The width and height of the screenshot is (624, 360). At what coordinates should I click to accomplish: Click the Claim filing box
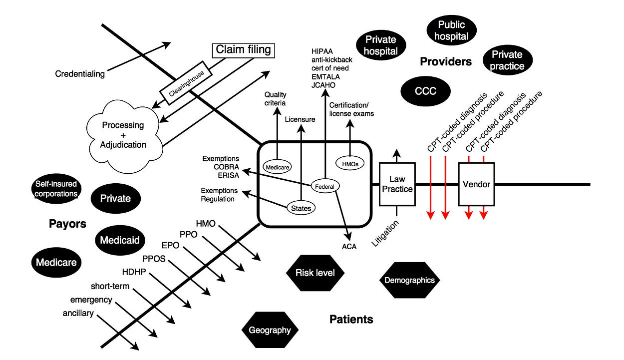pyautogui.click(x=244, y=50)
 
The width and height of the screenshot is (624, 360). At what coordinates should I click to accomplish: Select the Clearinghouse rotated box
pyautogui.click(x=186, y=83)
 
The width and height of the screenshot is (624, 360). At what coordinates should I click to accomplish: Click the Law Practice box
pyautogui.click(x=397, y=184)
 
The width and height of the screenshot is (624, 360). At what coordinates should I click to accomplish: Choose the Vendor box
pyautogui.click(x=476, y=184)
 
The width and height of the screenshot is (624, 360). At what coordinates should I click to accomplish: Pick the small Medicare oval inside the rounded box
pyautogui.click(x=277, y=167)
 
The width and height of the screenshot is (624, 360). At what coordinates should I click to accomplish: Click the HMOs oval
pyautogui.click(x=350, y=164)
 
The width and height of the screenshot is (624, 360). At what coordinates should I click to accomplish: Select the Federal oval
pyautogui.click(x=325, y=186)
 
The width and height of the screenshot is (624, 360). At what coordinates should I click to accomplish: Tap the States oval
pyautogui.click(x=301, y=208)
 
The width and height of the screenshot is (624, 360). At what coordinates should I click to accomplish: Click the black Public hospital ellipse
pyautogui.click(x=451, y=30)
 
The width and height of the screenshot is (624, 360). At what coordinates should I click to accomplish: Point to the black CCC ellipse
pyautogui.click(x=425, y=91)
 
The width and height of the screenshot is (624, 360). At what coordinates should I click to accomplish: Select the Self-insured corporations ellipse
pyautogui.click(x=56, y=189)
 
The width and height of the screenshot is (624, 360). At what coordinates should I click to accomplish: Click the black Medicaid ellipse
pyautogui.click(x=120, y=240)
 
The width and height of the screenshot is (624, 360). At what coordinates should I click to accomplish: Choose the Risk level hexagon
pyautogui.click(x=315, y=273)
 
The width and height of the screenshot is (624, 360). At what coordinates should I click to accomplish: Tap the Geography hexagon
pyautogui.click(x=270, y=330)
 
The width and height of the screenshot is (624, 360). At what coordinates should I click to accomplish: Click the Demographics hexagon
pyautogui.click(x=409, y=280)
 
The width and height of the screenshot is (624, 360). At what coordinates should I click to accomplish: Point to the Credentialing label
pyautogui.click(x=80, y=74)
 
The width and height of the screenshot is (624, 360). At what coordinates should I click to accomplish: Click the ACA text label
pyautogui.click(x=349, y=247)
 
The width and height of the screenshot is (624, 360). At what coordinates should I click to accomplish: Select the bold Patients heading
pyautogui.click(x=351, y=320)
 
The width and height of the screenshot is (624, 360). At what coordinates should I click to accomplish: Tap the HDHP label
pyautogui.click(x=134, y=272)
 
